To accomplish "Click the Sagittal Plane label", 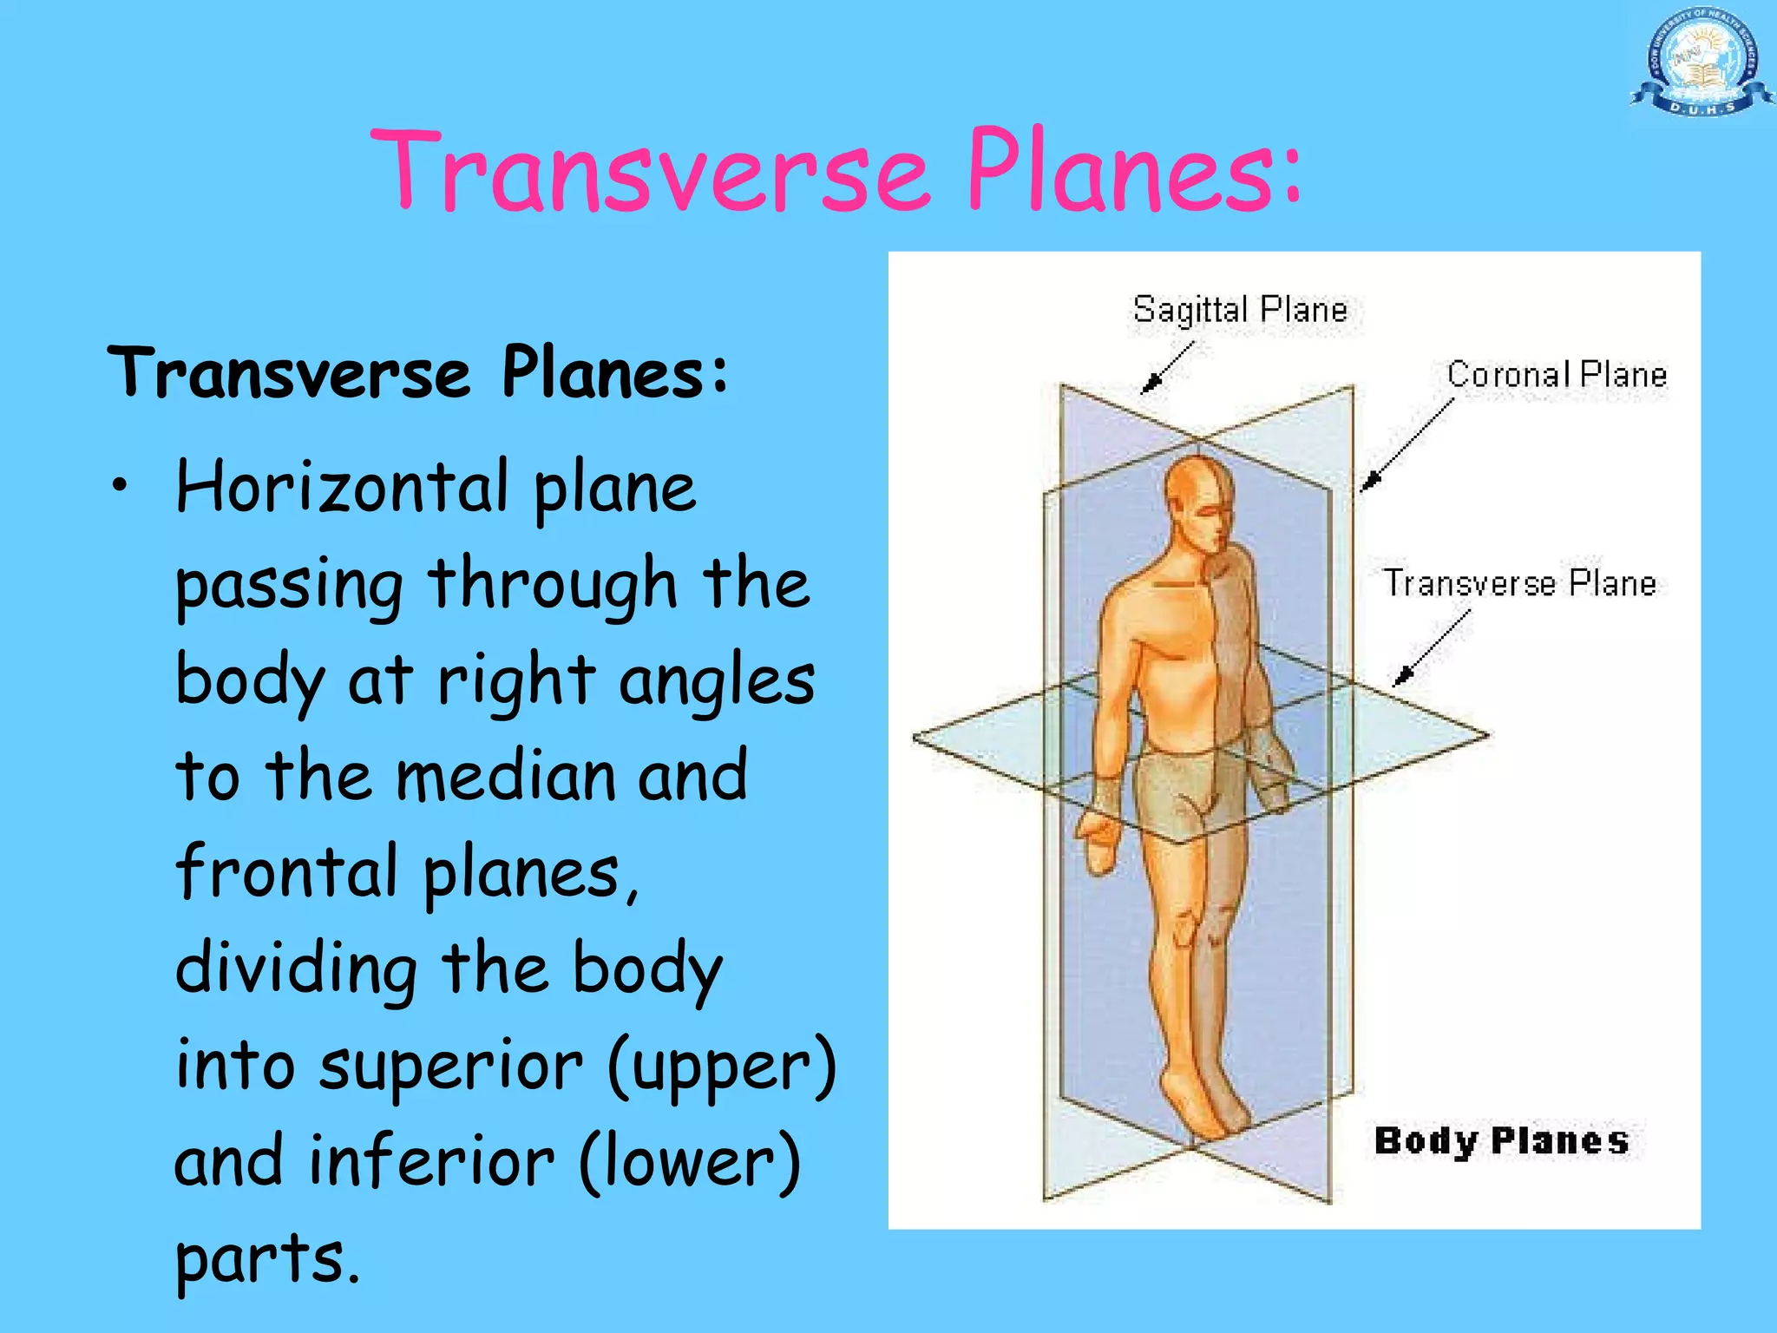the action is [1240, 310].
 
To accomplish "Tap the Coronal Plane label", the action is [1557, 375].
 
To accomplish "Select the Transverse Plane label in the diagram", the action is [1519, 583].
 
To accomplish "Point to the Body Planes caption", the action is [1501, 1140].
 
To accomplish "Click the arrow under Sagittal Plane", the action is [1166, 368].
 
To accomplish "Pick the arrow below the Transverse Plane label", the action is [1432, 647].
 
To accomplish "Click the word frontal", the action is [286, 871].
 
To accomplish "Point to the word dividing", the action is [296, 969].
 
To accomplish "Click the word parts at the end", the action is [267, 1258].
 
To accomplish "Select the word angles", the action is [717, 680].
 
